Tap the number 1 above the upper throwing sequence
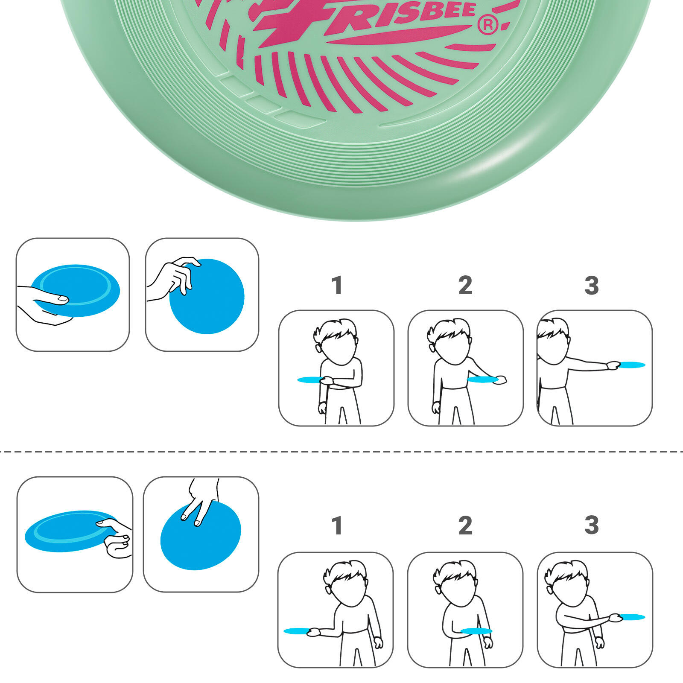pyautogui.click(x=337, y=285)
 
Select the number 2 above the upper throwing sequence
pyautogui.click(x=465, y=285)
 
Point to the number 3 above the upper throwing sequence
pyautogui.click(x=592, y=285)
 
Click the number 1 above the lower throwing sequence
pyautogui.click(x=337, y=525)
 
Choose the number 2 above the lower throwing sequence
pyautogui.click(x=465, y=525)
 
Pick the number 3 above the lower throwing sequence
pyautogui.click(x=592, y=525)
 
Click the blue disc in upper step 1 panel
pyautogui.click(x=309, y=379)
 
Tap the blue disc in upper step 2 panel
pyautogui.click(x=482, y=379)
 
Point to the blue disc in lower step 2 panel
pyautogui.click(x=476, y=631)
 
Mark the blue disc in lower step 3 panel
pyautogui.click(x=632, y=617)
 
